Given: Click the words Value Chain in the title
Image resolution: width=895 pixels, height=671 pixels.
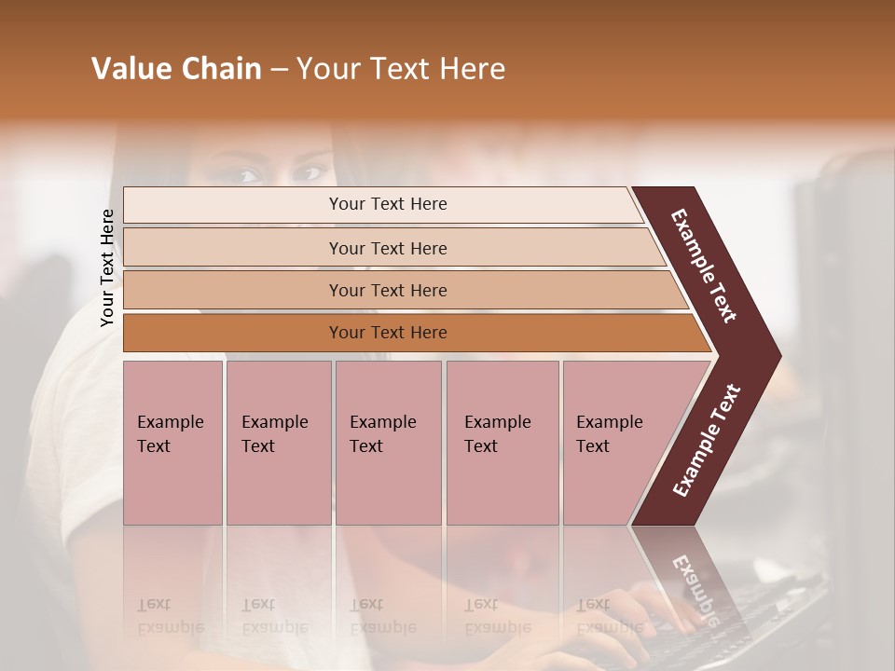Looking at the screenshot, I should point(176,69).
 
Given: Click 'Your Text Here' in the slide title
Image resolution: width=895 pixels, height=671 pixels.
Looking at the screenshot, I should point(401,69).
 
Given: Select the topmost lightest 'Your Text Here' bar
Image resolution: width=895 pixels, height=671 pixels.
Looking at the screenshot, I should point(387,204).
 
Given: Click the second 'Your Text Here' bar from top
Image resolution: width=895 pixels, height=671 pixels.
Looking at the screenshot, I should point(387,248).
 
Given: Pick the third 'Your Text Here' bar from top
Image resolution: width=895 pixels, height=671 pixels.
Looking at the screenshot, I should point(387,290).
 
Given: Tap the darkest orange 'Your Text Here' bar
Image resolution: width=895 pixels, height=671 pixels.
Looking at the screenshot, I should point(387,333).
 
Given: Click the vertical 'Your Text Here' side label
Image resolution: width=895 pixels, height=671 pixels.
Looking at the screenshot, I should point(107,268).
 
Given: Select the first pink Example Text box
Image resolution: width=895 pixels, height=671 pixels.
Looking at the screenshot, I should point(172,442).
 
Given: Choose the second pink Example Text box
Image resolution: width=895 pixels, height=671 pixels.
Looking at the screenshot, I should point(278,442).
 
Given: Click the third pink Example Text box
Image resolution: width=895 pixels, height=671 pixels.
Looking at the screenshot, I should point(387,442).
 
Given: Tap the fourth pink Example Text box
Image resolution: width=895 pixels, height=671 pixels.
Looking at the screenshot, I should point(502,442).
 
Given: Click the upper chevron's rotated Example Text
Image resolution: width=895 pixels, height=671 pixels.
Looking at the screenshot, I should point(704,266).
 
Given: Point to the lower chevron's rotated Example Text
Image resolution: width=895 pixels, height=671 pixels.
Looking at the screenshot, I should point(707,440).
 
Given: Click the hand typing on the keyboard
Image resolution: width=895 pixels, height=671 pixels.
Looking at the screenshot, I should point(653,606).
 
